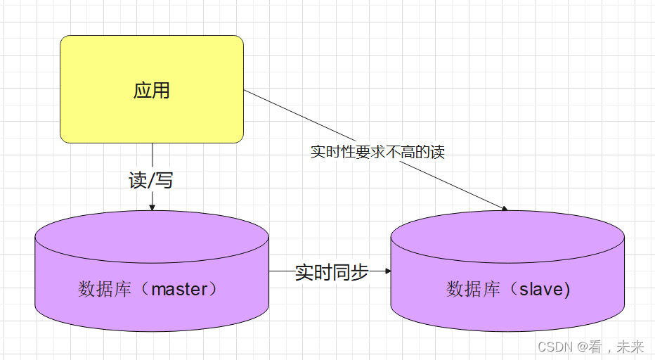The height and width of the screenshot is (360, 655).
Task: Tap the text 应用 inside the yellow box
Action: tap(151, 91)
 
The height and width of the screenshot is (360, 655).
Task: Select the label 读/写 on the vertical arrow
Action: tap(150, 181)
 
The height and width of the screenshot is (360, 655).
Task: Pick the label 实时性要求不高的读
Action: tap(377, 152)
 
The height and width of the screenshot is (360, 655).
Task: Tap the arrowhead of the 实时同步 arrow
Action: tap(387, 271)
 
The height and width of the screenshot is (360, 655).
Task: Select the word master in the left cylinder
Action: tap(180, 289)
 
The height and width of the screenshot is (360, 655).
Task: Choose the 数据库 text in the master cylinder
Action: tap(105, 289)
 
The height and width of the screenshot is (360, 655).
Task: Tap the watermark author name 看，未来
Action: tap(619, 347)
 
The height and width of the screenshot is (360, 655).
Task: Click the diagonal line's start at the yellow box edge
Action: tap(245, 90)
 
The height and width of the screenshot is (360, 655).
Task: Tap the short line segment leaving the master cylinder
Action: tap(281, 271)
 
